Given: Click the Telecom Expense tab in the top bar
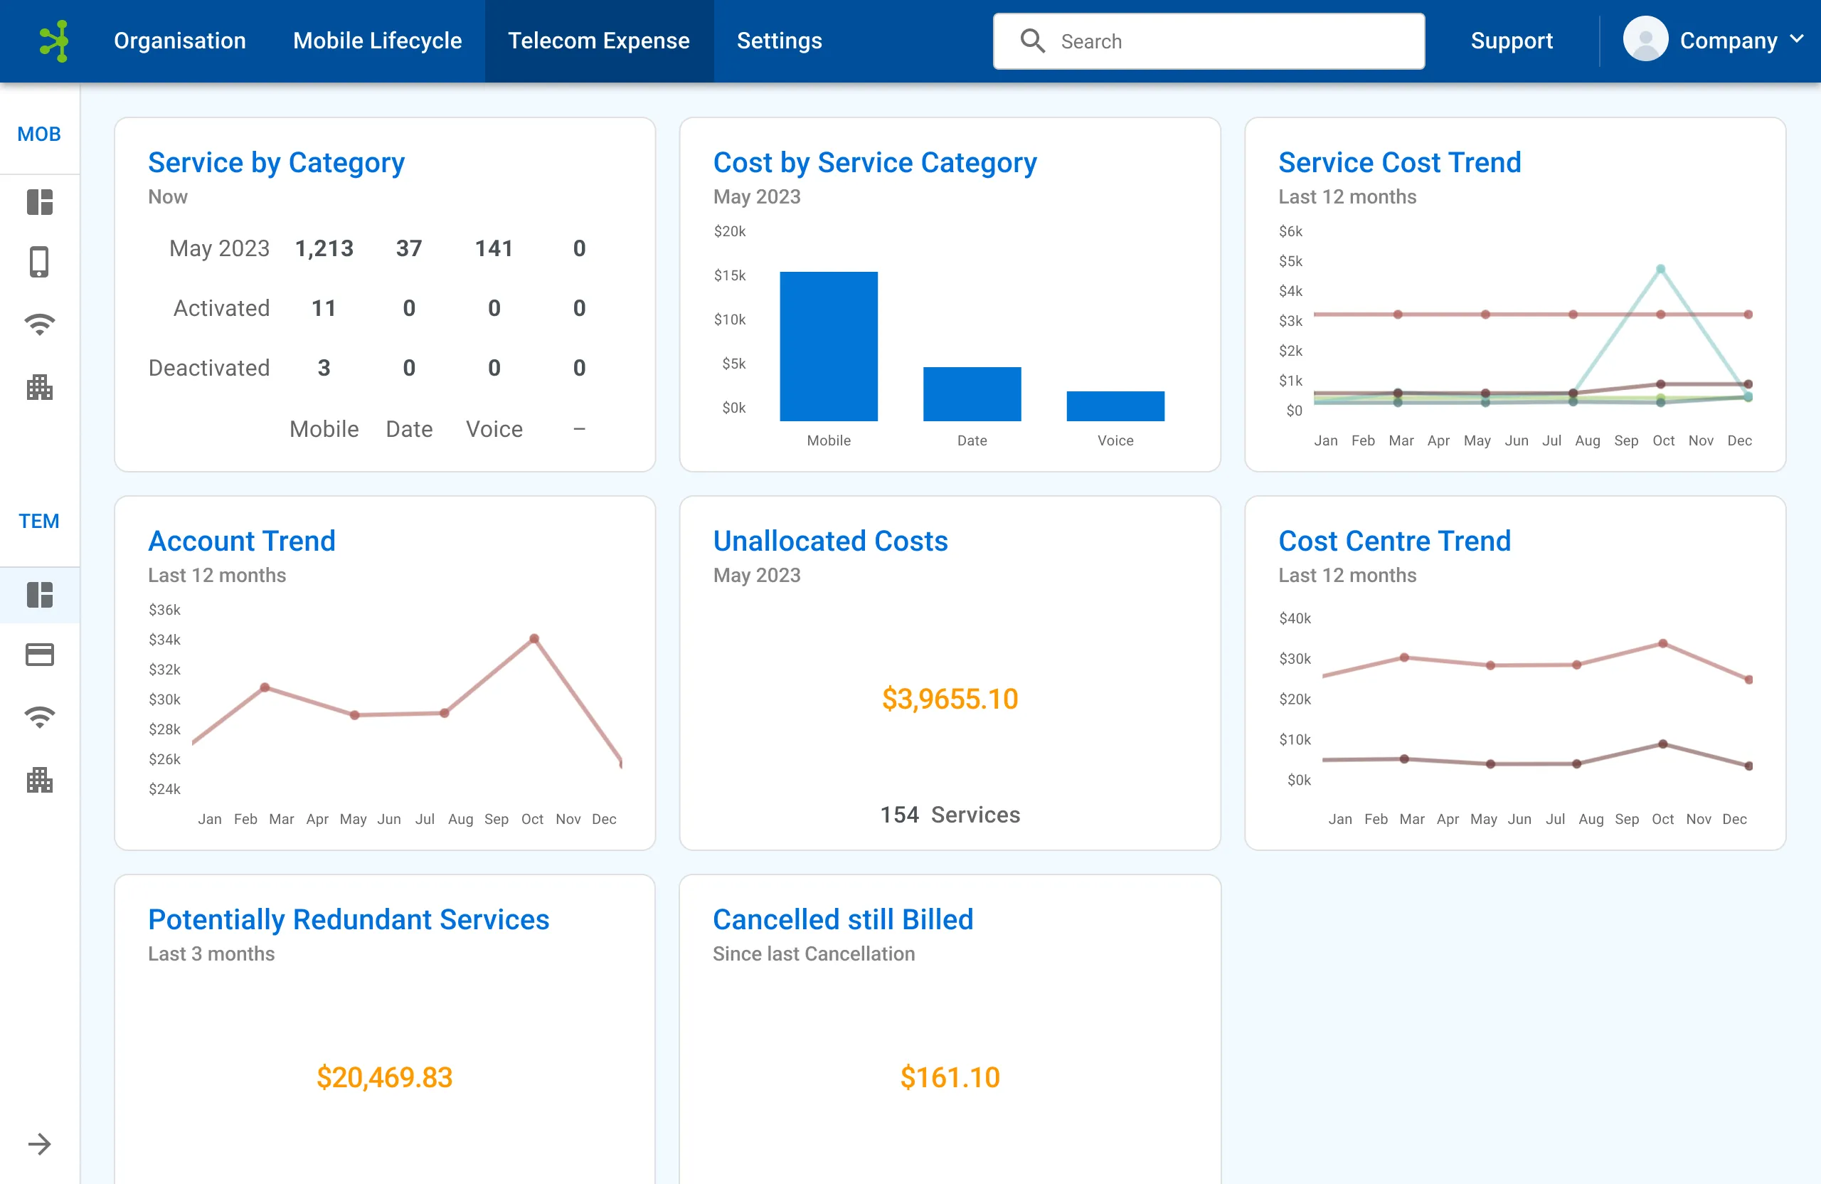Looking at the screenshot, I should click(x=598, y=41).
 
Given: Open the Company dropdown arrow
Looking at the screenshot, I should click(x=1798, y=40).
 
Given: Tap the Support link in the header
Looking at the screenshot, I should click(x=1511, y=41).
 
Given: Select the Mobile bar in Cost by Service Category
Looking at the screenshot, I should click(x=829, y=346).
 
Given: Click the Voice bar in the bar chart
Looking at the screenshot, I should click(x=1115, y=406).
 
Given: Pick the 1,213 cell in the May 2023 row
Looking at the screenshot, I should click(x=324, y=248).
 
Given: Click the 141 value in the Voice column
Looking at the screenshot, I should click(x=494, y=248).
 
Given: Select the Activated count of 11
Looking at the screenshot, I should click(x=324, y=307).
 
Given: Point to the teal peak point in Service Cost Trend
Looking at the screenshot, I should click(x=1660, y=269).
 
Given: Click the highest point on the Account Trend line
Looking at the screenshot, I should click(x=534, y=638).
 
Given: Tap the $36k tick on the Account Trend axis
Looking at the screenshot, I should click(x=164, y=610).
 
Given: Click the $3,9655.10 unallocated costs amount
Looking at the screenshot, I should click(x=950, y=699).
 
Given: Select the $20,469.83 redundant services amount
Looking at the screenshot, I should click(x=384, y=1077).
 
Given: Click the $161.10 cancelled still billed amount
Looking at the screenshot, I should click(x=950, y=1077).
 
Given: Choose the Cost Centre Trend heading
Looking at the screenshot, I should click(x=1394, y=541).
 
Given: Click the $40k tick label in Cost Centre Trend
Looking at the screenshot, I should click(x=1295, y=618).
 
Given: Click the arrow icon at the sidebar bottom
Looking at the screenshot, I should click(x=39, y=1144).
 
